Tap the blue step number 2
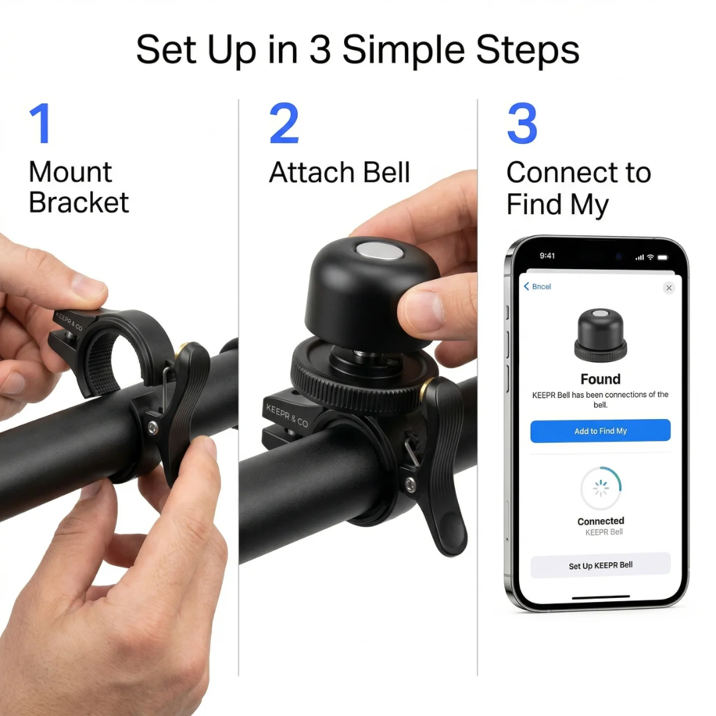click(284, 124)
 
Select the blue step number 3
click(522, 124)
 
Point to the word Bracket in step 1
click(79, 202)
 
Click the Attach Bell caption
click(339, 172)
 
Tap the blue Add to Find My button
click(600, 431)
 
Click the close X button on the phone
click(668, 288)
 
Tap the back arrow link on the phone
click(537, 286)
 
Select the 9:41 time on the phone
click(548, 256)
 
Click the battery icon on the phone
click(662, 257)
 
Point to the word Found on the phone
click(600, 379)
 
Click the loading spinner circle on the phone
click(601, 489)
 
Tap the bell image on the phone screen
click(600, 334)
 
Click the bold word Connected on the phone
click(601, 521)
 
